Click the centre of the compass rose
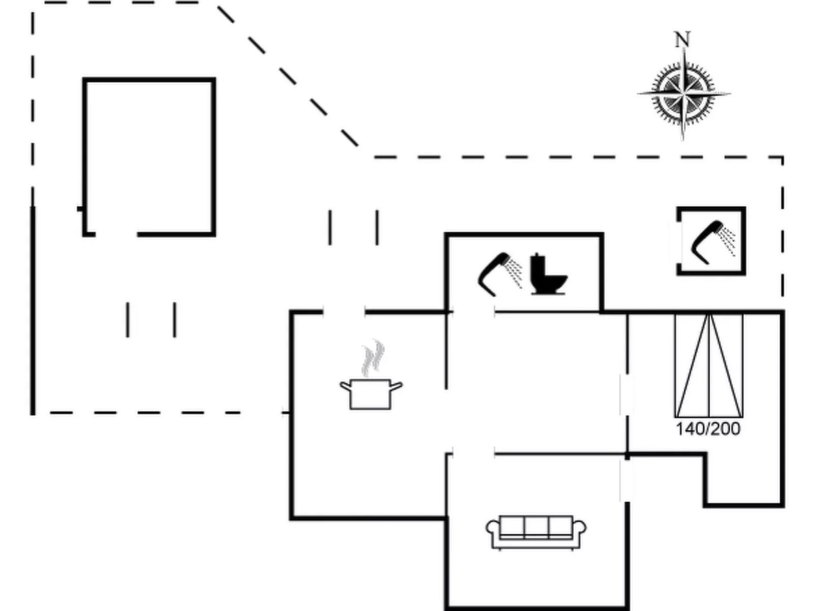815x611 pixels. tap(684, 94)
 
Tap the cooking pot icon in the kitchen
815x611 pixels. tap(370, 393)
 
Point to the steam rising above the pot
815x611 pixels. tap(373, 357)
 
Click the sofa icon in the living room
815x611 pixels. tap(536, 532)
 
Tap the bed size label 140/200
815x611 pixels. tap(708, 429)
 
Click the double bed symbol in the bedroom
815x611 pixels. tap(709, 365)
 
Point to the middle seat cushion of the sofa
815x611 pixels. tap(536, 526)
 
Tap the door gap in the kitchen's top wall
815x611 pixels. tap(344, 312)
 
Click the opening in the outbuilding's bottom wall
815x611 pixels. tap(116, 234)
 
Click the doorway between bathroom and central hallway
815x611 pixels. tap(473, 312)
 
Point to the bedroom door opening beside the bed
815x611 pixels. tap(627, 396)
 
